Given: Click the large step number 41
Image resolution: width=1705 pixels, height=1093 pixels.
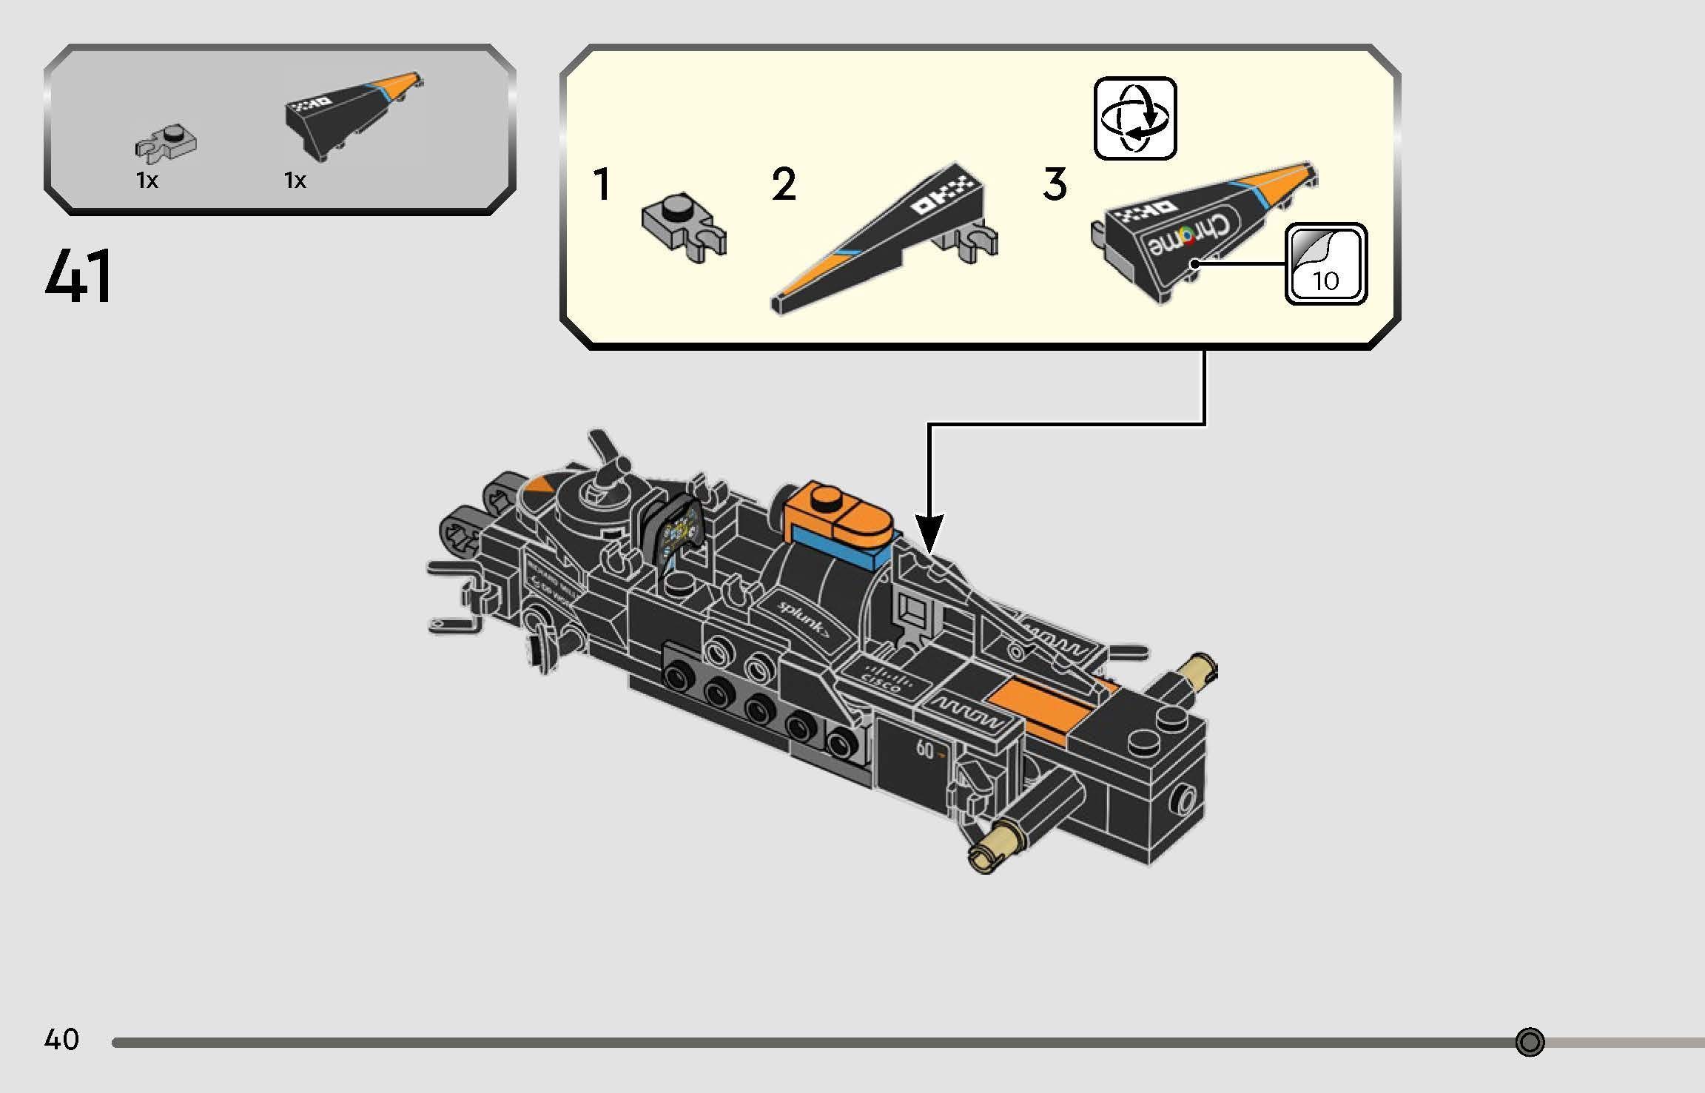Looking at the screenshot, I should pos(78,277).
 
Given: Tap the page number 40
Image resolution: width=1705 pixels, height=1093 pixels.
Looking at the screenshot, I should pos(61,1040).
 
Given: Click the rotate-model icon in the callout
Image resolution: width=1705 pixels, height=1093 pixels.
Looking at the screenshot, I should pos(1134,118).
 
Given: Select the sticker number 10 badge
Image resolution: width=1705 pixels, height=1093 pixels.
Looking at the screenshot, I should pos(1325,264).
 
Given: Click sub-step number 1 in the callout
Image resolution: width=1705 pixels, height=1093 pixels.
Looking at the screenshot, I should pos(602,185).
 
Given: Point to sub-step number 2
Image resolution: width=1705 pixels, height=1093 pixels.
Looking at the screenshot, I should pos(784,185).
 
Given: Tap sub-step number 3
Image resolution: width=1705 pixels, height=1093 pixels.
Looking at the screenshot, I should pos(1055,185).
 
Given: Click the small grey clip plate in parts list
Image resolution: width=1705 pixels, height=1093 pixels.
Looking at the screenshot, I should pos(166,144).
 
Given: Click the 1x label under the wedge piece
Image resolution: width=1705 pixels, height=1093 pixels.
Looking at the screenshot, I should pos(295,180).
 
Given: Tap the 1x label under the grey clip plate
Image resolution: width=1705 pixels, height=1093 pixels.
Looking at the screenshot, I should pos(147,180).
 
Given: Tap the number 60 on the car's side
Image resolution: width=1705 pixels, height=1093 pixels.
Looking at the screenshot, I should pos(926,750).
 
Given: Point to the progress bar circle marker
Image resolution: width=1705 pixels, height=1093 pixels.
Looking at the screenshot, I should pos(1530,1042).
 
